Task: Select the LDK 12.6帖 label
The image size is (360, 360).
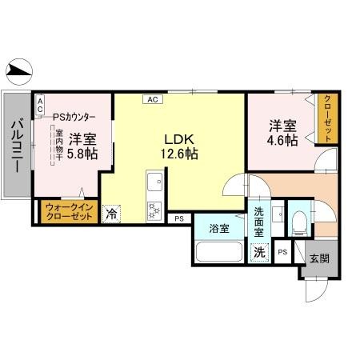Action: (x=181, y=145)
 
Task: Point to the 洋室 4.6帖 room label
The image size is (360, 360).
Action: (x=282, y=132)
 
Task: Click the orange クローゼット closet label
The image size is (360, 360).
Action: (x=326, y=118)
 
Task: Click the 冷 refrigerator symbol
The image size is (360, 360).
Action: (x=111, y=214)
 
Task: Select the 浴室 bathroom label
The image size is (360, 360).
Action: (x=219, y=228)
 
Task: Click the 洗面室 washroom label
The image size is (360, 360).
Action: (x=259, y=222)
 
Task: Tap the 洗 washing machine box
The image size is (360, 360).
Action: (x=260, y=251)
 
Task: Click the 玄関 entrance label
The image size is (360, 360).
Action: (x=318, y=259)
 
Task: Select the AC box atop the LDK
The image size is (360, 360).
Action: (x=151, y=99)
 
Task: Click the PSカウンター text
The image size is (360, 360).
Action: (x=74, y=117)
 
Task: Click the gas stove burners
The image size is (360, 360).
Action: (x=154, y=210)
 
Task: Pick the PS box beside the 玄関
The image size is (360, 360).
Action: (x=282, y=251)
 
